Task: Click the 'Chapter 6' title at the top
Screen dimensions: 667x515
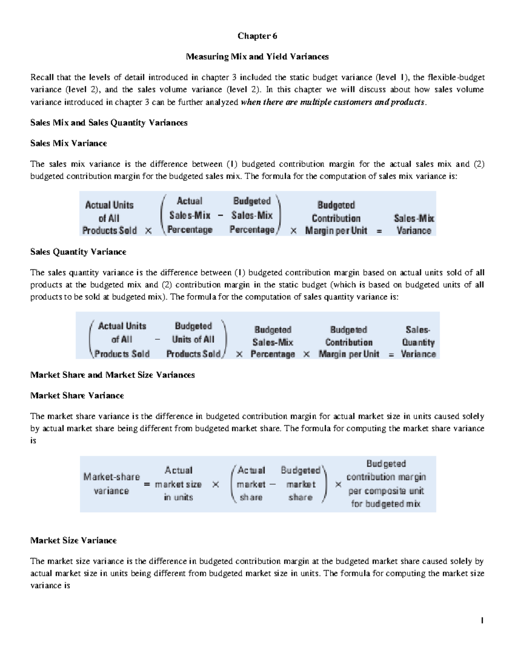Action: pyautogui.click(x=257, y=36)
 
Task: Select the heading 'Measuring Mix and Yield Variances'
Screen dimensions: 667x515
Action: pyautogui.click(x=257, y=57)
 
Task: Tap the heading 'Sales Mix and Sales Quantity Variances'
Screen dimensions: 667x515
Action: pyautogui.click(x=109, y=123)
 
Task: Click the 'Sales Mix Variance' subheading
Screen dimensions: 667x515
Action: pyautogui.click(x=68, y=143)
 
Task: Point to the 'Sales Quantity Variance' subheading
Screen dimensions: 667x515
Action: pyautogui.click(x=78, y=252)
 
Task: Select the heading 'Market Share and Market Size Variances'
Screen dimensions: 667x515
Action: pyautogui.click(x=112, y=375)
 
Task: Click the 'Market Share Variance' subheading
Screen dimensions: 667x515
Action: pyautogui.click(x=77, y=396)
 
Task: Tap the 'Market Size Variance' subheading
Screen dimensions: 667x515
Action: pyautogui.click(x=73, y=540)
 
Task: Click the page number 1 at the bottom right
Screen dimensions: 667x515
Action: pyautogui.click(x=482, y=621)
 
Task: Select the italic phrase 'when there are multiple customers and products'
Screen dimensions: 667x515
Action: pyautogui.click(x=333, y=102)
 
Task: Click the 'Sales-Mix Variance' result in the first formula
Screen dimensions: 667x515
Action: pyautogui.click(x=414, y=224)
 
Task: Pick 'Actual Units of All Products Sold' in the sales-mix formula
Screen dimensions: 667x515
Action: pyautogui.click(x=109, y=218)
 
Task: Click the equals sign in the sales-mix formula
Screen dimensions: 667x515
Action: pyautogui.click(x=379, y=231)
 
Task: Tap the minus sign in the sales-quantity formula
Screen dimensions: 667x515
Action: pyautogui.click(x=158, y=339)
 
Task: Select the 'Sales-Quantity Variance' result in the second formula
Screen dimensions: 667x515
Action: pyautogui.click(x=418, y=342)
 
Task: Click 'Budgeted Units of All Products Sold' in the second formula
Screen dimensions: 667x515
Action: pyautogui.click(x=193, y=340)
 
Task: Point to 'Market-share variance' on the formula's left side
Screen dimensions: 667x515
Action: pyautogui.click(x=111, y=484)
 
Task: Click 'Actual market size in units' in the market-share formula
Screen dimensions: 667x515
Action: pyautogui.click(x=178, y=484)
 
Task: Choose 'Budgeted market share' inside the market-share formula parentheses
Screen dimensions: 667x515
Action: pyautogui.click(x=300, y=484)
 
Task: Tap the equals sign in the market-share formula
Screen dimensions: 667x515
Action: pyautogui.click(x=147, y=484)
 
